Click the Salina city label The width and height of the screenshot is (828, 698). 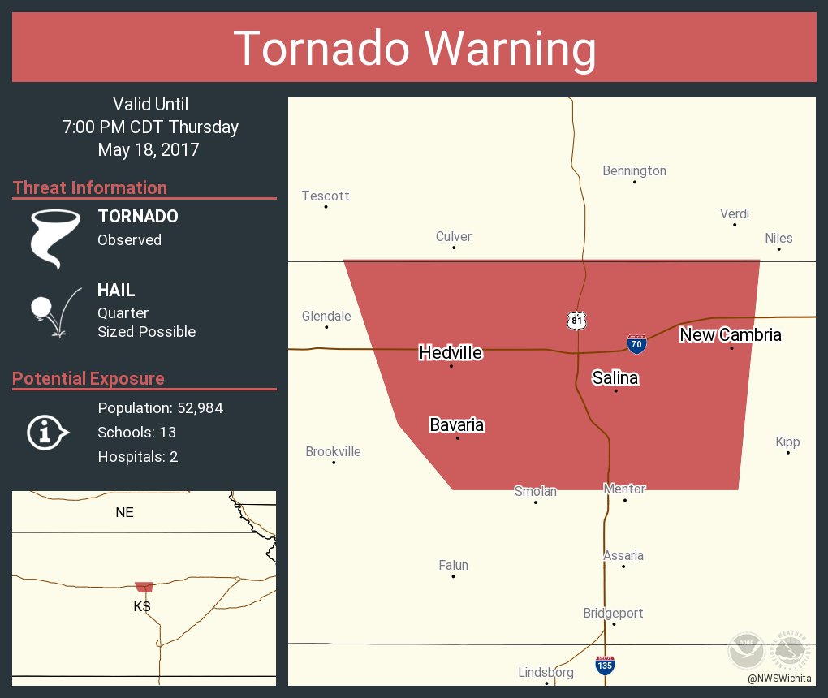[615, 377]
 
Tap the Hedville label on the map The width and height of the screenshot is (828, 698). [451, 352]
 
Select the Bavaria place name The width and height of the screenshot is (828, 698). [456, 424]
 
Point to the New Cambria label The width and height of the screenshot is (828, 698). [731, 334]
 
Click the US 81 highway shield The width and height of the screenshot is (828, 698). [576, 320]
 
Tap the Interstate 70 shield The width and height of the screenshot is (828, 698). [637, 345]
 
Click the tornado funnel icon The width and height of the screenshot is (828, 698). [54, 238]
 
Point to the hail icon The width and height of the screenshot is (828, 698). [54, 311]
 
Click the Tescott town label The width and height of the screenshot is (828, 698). [326, 196]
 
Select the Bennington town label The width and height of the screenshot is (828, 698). [634, 170]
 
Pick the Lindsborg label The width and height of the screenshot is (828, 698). [546, 672]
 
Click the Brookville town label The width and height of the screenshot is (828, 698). [333, 451]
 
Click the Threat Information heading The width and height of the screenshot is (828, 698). [90, 187]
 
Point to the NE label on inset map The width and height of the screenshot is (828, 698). [124, 512]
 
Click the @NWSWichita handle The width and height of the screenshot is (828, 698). [780, 678]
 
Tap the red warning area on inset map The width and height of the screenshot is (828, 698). [144, 586]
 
